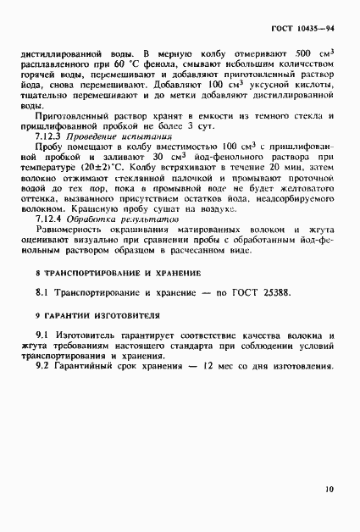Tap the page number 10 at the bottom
(x=328, y=487)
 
